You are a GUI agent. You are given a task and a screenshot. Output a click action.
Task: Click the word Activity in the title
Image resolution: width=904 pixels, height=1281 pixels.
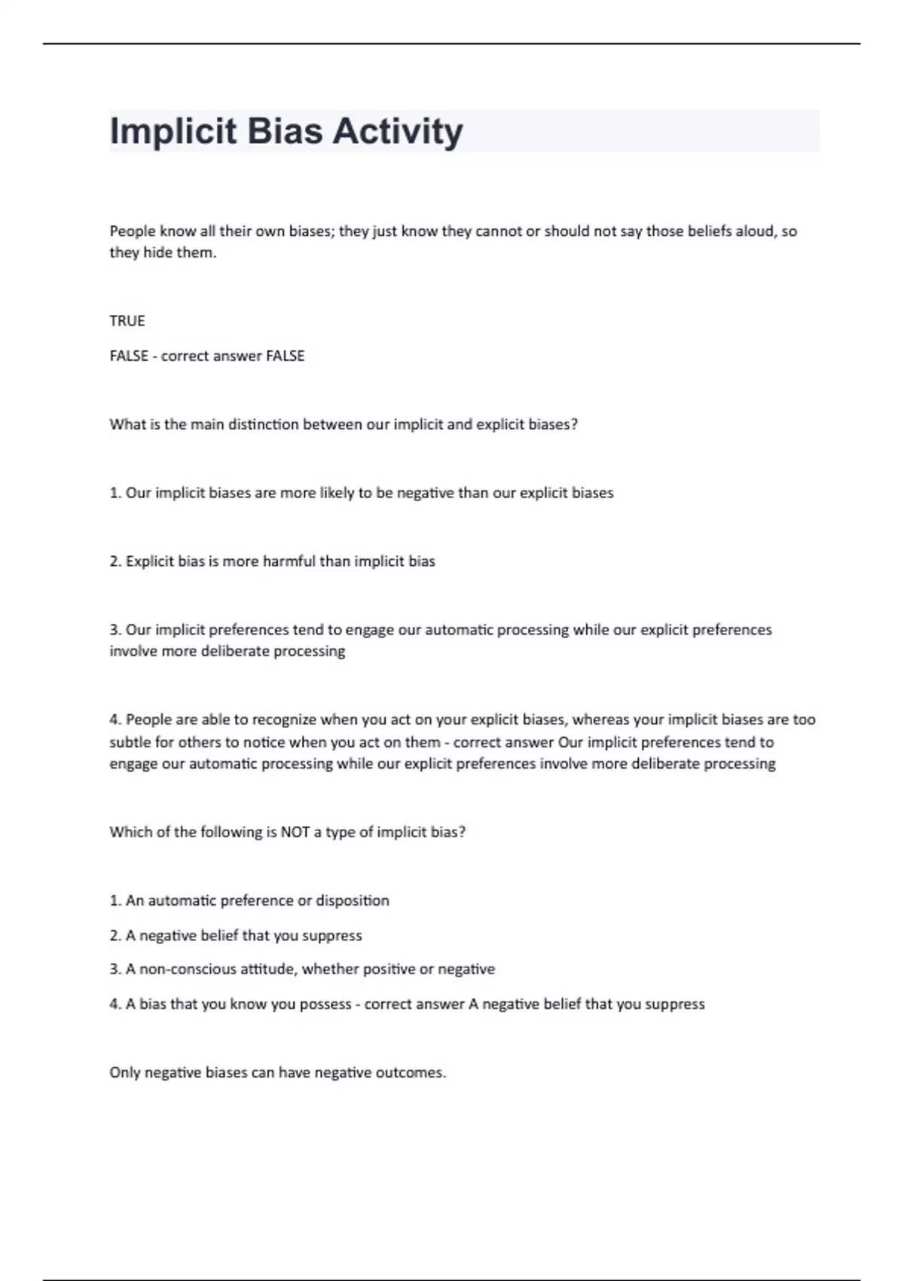398,132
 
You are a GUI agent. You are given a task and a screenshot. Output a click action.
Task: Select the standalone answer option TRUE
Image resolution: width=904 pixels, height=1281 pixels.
127,321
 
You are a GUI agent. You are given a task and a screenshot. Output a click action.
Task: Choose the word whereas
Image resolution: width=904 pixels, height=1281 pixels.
600,720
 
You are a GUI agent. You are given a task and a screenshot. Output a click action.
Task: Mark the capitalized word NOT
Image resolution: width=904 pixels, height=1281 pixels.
295,832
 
